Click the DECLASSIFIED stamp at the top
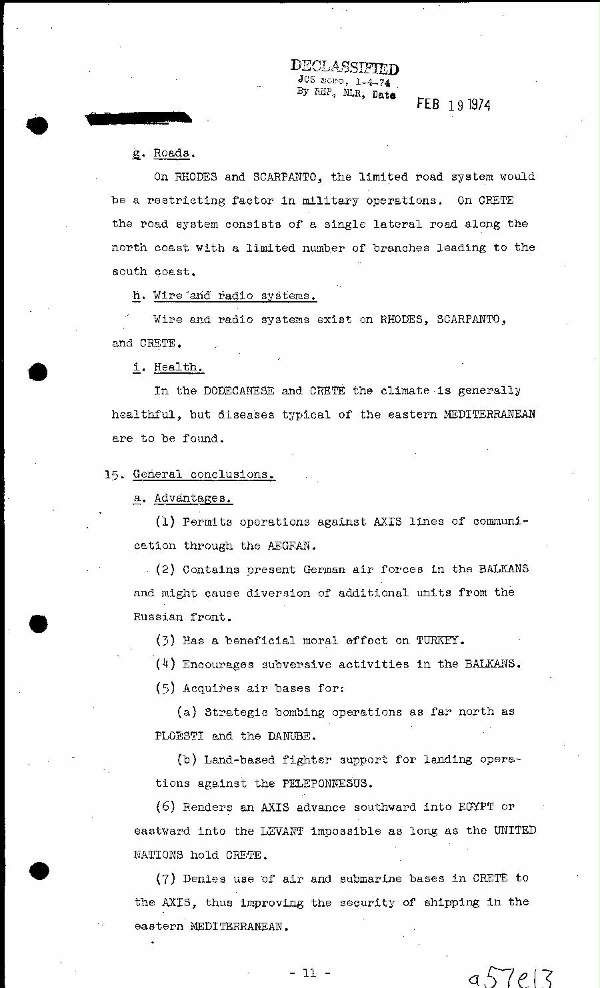coord(345,67)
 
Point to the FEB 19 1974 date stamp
coord(453,105)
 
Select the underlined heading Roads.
coord(172,153)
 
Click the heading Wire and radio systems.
coord(234,296)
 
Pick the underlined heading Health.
coord(178,367)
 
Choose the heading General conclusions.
coord(203,474)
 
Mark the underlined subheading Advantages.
coord(193,498)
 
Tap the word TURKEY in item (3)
coord(439,640)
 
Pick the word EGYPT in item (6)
coord(475,807)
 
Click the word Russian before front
coord(158,616)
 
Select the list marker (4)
coord(165,664)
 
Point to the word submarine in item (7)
coord(368,878)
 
